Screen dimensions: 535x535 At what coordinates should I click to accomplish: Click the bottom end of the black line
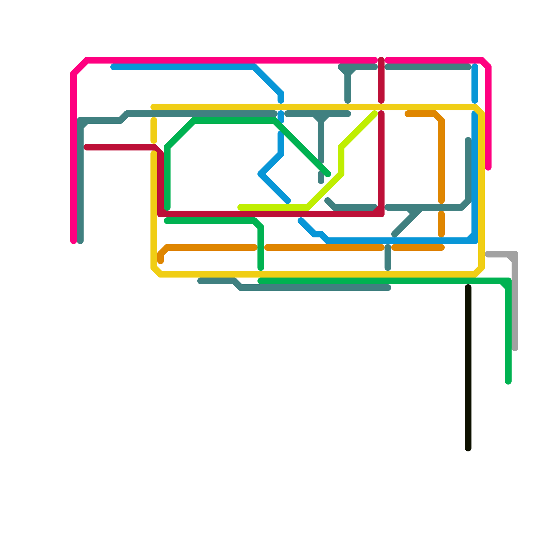coord(468,448)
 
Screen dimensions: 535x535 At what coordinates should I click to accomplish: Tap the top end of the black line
coord(468,287)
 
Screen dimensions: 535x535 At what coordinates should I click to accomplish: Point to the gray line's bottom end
coord(515,348)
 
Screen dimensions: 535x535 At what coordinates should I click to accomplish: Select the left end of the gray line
coord(488,254)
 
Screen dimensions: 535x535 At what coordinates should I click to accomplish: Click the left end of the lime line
coord(240,207)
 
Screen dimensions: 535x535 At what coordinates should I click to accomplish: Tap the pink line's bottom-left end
coord(74,241)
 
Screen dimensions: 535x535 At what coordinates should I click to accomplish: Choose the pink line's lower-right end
coord(488,168)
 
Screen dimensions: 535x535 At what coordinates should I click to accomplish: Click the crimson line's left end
coord(86,147)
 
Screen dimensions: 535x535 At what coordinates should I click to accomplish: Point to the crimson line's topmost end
coord(381,60)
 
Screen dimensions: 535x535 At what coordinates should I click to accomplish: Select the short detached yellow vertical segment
coord(154,130)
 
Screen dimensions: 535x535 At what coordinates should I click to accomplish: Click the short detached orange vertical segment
coord(441,224)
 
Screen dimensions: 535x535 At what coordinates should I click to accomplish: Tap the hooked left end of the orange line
coord(160,261)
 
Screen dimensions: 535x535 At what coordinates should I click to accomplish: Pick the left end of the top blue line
coord(113,67)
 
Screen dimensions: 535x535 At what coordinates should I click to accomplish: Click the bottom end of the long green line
coord(508,382)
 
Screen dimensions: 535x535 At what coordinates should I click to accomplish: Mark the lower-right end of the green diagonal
coord(328,174)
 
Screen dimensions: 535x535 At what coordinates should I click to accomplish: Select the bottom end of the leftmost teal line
coord(80,241)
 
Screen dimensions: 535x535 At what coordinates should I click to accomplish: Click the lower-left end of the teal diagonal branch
coord(395,234)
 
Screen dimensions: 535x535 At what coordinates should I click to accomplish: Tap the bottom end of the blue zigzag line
coord(288,201)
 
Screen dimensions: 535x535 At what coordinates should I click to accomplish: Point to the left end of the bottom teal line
coord(200,281)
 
